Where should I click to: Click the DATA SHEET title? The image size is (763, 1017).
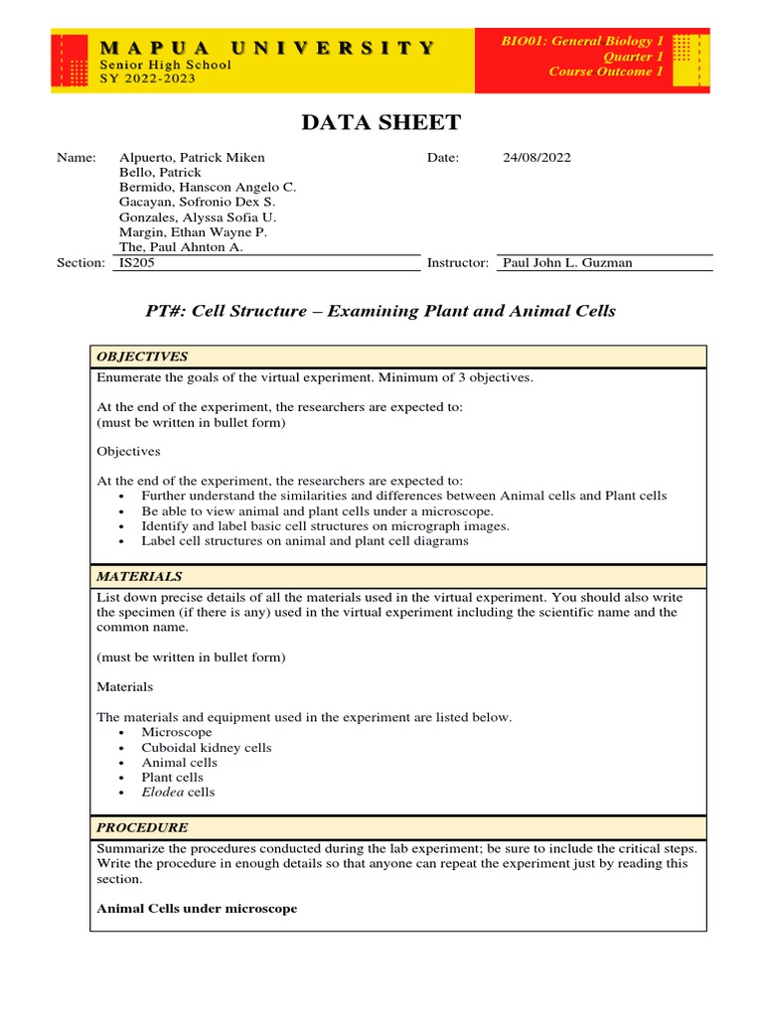click(x=381, y=122)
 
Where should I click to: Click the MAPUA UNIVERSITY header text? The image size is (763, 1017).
click(x=266, y=47)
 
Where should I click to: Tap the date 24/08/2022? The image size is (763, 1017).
click(x=536, y=157)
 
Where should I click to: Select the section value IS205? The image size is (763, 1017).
click(x=136, y=262)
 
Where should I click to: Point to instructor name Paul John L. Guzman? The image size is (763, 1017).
click(x=567, y=262)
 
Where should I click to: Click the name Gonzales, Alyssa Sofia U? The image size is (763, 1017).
click(x=198, y=217)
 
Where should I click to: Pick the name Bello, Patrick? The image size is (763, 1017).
click(x=160, y=172)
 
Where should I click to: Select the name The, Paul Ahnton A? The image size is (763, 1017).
click(x=181, y=246)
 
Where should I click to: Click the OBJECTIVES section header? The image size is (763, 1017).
click(x=141, y=357)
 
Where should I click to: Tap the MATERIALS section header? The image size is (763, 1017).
click(x=139, y=576)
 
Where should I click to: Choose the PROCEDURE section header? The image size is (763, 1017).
click(x=141, y=827)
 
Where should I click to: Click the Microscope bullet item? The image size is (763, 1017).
click(x=176, y=732)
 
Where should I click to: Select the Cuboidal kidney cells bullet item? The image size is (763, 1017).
click(x=206, y=747)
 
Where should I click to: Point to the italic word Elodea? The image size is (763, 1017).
click(x=162, y=792)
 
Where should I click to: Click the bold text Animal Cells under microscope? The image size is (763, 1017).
click(x=197, y=909)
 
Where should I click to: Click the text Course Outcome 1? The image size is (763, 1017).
click(x=606, y=72)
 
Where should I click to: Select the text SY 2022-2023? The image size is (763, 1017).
click(x=148, y=78)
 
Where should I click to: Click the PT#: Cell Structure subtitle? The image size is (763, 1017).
click(x=381, y=311)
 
